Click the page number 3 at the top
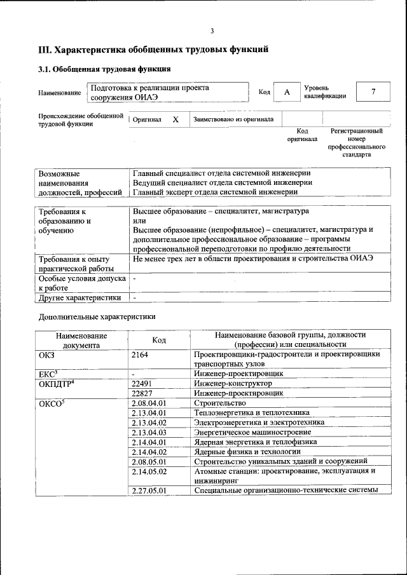click(212, 31)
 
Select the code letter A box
click(287, 92)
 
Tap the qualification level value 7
click(373, 92)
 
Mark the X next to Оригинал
click(176, 119)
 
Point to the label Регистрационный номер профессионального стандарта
click(356, 143)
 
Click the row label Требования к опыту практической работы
click(74, 264)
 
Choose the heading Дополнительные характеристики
click(97, 316)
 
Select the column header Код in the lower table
click(159, 340)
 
